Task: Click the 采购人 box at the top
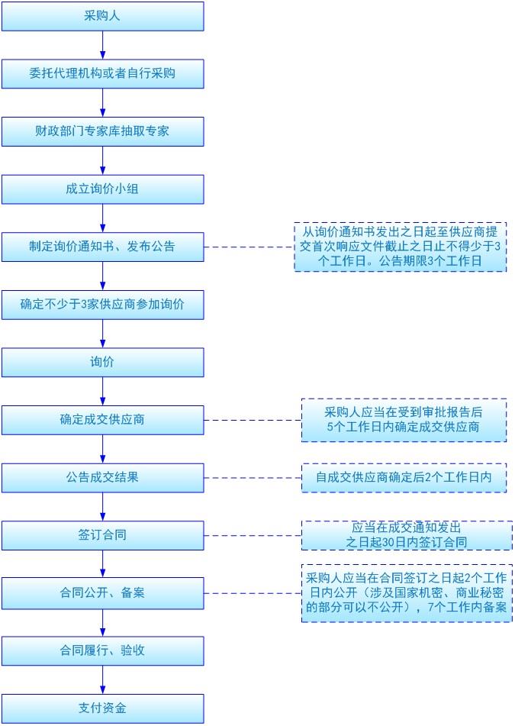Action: [x=102, y=16]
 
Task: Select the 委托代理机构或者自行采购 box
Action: [x=102, y=74]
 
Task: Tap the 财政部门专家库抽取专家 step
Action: [x=102, y=131]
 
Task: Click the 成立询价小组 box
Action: [x=102, y=189]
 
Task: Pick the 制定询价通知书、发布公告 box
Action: [x=102, y=247]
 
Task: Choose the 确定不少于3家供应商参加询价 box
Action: [x=102, y=305]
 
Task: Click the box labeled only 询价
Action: [x=102, y=362]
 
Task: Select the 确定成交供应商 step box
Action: [x=102, y=420]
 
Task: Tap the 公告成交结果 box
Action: [x=102, y=478]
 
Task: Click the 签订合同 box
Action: [x=102, y=535]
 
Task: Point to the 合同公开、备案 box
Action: [x=102, y=593]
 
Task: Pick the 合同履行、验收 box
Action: [x=102, y=650]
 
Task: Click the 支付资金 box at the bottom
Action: [x=102, y=708]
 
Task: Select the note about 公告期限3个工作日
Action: [x=400, y=247]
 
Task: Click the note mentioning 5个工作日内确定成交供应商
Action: [x=403, y=420]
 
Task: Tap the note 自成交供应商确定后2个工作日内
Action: [x=403, y=478]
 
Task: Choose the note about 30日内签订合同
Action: [x=406, y=535]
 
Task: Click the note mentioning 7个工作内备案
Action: [x=406, y=593]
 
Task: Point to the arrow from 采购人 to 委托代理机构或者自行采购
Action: [x=102, y=45]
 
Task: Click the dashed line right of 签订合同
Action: [x=252, y=535]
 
